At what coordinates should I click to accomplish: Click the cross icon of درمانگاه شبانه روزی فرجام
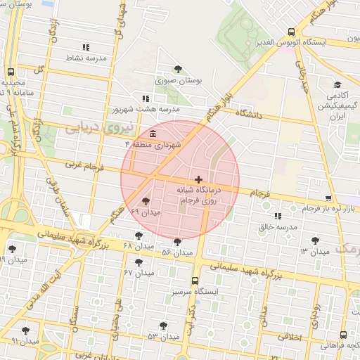pos(199,180)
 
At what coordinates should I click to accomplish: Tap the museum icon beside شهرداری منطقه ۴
pos(153,134)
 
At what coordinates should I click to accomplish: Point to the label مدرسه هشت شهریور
pos(146,110)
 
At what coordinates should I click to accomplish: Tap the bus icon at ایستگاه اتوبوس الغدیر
pos(291,32)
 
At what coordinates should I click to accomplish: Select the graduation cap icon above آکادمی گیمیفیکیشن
pos(337,85)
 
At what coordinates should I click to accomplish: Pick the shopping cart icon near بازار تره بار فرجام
pos(329,199)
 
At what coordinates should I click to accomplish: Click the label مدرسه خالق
pos(275,227)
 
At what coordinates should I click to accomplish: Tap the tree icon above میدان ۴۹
pos(146,201)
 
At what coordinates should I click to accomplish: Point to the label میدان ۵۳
pos(162,337)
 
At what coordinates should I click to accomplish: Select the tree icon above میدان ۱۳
pos(315,240)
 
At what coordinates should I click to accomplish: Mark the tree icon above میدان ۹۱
pos(25,330)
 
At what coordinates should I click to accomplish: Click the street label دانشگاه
pos(249,113)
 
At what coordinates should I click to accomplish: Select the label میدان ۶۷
pos(139,272)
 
